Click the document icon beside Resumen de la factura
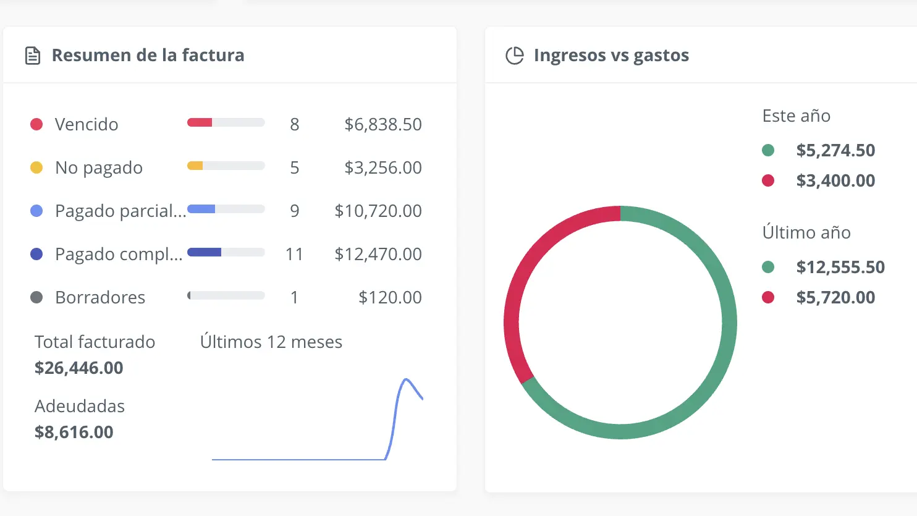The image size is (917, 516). tap(33, 56)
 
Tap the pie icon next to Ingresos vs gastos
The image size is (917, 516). tap(514, 56)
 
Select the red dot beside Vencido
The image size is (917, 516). tap(36, 124)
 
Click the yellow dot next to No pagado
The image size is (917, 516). tap(36, 167)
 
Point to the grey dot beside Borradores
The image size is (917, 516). tap(36, 297)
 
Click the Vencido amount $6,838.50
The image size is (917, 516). tap(382, 124)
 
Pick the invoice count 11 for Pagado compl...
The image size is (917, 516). tap(294, 254)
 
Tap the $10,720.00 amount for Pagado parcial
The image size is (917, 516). tap(378, 211)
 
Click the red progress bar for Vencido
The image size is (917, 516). tap(200, 122)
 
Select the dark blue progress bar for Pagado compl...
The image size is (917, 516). tap(205, 252)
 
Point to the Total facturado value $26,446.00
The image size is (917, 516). tap(79, 368)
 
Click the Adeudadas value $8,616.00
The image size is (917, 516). tap(74, 432)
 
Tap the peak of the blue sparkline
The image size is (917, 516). tap(406, 379)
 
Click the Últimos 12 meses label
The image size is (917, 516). tap(271, 342)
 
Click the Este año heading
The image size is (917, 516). tap(796, 116)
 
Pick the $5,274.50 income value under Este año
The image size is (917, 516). tap(835, 150)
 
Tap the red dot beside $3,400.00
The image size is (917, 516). tap(768, 180)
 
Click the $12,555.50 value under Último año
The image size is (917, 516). tap(840, 267)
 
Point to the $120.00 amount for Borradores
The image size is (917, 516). tap(390, 297)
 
